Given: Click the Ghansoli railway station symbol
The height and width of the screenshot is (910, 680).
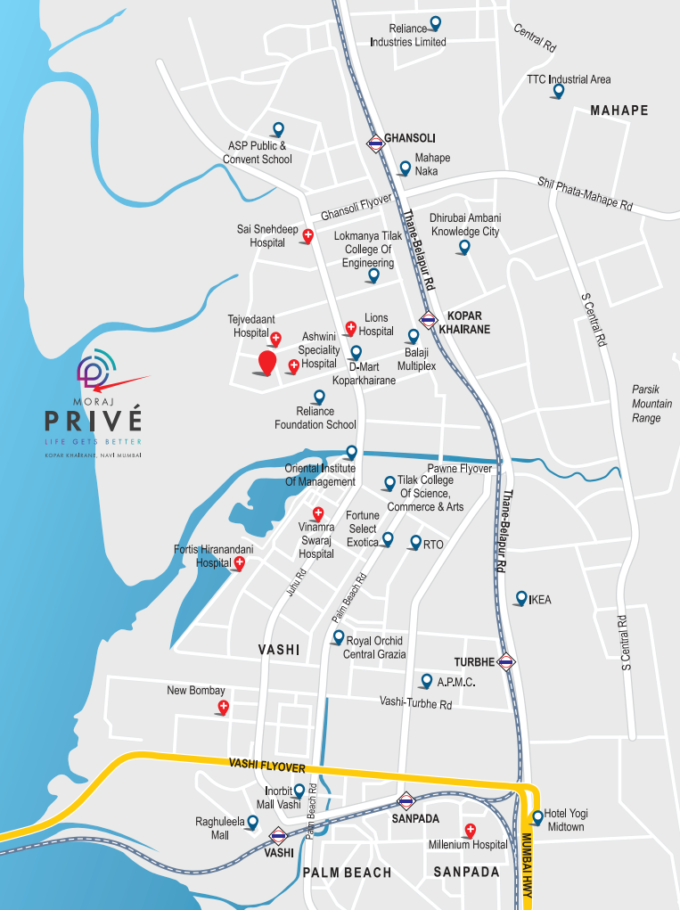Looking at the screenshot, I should click(374, 142).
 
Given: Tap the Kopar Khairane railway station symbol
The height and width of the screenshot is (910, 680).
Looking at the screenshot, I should click(429, 321).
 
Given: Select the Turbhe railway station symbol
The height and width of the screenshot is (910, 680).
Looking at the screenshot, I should click(505, 661).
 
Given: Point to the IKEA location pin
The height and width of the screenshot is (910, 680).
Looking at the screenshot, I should click(521, 598).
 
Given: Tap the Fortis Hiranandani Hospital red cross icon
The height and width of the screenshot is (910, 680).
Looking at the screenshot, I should click(239, 563).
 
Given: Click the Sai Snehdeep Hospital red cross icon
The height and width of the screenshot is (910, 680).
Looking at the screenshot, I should click(307, 236).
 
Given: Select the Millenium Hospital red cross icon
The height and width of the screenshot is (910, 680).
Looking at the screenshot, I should click(470, 831).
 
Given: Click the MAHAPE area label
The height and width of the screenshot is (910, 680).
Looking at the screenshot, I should click(619, 111).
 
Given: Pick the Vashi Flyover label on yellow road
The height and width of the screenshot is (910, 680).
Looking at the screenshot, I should click(267, 767).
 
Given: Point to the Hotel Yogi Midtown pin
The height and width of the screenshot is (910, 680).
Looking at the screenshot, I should click(537, 816).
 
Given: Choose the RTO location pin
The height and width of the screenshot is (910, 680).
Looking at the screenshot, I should click(415, 542).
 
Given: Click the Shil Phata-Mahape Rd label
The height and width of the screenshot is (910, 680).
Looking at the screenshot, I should click(585, 193).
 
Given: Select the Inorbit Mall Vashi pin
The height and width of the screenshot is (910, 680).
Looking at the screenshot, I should click(299, 791).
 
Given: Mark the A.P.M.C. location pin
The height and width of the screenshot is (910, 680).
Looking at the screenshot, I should click(426, 681).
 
